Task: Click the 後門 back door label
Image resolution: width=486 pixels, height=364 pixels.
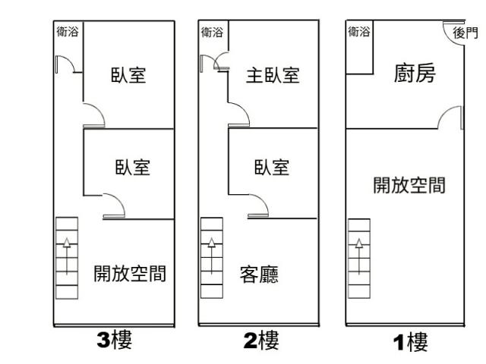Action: point(465,33)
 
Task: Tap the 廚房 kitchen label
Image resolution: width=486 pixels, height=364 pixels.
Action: point(415,74)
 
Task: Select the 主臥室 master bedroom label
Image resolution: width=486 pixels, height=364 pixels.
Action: point(273,75)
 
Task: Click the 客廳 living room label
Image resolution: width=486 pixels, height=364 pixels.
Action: point(259,275)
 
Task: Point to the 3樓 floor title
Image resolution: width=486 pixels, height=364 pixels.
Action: point(115,340)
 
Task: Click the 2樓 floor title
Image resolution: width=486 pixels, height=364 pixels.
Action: point(261,340)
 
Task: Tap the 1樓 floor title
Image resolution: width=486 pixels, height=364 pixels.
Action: point(410,342)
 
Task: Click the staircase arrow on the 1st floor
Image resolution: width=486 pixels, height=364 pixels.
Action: point(359,256)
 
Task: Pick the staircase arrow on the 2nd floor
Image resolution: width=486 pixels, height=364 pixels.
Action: point(212,256)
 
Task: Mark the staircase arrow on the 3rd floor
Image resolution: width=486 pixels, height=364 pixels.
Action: point(67,256)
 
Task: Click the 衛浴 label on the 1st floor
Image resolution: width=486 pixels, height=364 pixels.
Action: point(359,32)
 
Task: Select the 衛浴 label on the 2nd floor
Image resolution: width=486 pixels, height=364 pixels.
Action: point(212,32)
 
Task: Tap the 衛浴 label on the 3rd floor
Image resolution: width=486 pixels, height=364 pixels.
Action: point(68,32)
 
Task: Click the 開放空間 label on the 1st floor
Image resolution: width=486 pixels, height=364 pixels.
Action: point(409,185)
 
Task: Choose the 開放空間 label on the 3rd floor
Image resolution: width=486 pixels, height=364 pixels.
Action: point(130,274)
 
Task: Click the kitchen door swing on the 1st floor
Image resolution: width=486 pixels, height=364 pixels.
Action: point(444,111)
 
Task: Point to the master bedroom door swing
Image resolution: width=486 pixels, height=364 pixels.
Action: point(245,108)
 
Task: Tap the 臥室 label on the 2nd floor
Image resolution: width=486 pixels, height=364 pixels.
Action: point(272,168)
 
